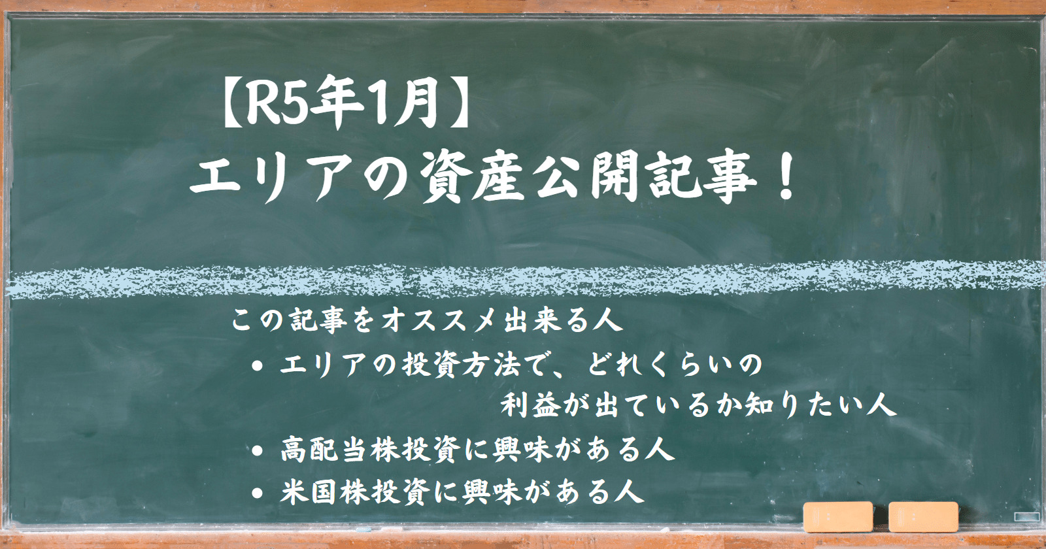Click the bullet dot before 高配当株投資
pos(258,451)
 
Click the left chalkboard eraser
pos(838,517)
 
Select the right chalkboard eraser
pos(924,517)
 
